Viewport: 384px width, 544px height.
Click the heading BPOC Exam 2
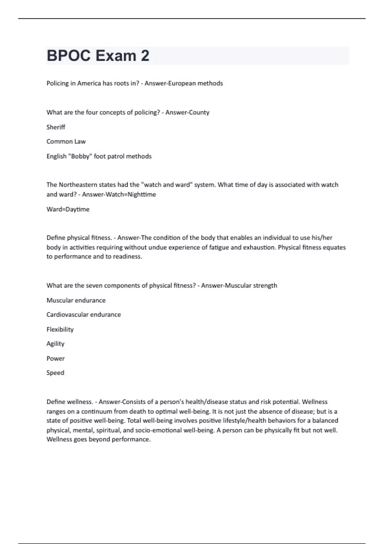tap(98, 56)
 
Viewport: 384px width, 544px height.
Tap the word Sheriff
tap(56, 127)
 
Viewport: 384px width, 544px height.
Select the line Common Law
tap(66, 141)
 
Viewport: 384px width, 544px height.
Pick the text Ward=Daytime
tap(68, 209)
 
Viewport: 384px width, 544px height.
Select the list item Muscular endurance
tap(76, 300)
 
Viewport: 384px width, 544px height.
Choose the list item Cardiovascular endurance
tap(84, 315)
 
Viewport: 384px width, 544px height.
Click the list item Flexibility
tap(60, 329)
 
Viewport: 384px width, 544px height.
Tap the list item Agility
tap(55, 344)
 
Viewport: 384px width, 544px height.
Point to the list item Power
tap(55, 358)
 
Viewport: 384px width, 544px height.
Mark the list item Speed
tap(55, 373)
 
